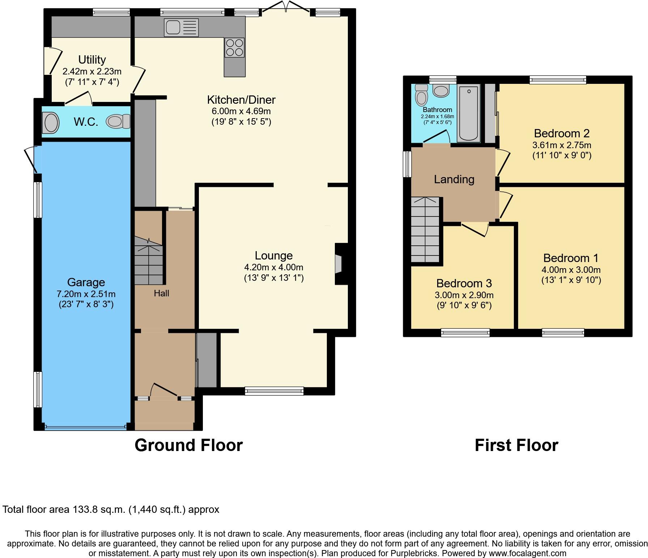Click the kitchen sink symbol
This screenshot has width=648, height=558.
point(181,27)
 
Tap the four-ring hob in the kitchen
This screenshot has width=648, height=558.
point(234,48)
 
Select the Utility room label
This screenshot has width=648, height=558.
point(92,60)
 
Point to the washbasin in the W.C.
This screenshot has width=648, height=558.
point(51,123)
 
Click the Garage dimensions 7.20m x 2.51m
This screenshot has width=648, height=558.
point(86,294)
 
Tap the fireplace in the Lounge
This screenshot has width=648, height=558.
point(338,264)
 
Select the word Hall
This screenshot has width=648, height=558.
point(161,293)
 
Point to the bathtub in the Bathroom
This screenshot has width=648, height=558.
point(469,113)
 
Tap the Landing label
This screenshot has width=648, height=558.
point(454,179)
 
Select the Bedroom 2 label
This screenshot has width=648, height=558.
point(562,133)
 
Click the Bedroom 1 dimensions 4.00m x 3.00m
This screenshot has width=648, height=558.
point(571,270)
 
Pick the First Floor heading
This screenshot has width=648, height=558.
point(516,445)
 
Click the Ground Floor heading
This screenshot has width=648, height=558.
point(188,445)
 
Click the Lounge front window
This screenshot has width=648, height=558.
point(274,390)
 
